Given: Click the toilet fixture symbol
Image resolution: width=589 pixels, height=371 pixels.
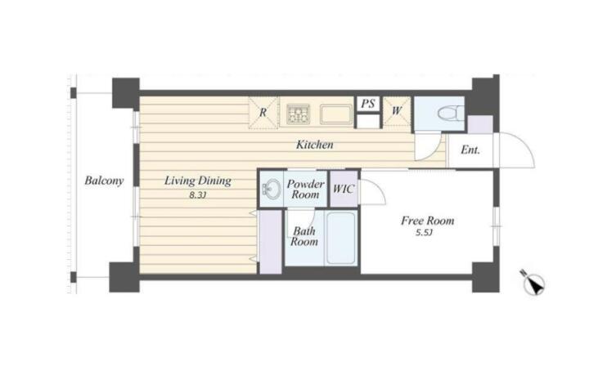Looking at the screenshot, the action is tap(451, 113).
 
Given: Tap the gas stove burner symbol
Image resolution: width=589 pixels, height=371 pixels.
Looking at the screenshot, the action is tap(299, 114).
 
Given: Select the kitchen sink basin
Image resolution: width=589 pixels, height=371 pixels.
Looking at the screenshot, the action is tap(336, 114).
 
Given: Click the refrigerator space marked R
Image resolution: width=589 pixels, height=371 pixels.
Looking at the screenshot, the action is tap(263, 112).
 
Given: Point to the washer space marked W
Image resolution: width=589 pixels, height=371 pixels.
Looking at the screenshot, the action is tap(397, 111).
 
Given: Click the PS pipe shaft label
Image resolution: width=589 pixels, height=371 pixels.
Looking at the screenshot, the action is tap(368, 104).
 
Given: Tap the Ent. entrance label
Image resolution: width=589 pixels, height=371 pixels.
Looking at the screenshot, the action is tap(470, 150).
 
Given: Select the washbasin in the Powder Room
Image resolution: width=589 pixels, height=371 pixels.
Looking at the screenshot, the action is tap(272, 188).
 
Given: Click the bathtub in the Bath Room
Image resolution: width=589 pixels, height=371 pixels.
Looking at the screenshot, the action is tap(340, 238).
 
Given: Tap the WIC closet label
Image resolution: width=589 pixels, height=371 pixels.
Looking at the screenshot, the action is tap(344, 189).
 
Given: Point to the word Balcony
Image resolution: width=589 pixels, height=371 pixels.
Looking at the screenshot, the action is tap(104, 181).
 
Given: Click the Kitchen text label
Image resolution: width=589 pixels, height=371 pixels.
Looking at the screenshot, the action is tap(314, 145).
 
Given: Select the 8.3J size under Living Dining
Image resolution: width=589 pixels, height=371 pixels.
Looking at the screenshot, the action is tap(198, 195).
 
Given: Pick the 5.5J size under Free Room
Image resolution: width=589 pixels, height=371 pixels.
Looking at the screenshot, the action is tap(424, 233).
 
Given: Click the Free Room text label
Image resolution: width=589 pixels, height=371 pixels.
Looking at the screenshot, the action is tap(428, 221).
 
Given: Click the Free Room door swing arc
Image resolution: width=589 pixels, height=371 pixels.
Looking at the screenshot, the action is tap(377, 190).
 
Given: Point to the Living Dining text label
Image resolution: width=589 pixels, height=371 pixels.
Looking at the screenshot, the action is tap(198, 181).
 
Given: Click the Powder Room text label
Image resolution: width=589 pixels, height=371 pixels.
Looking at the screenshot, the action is tap(305, 189).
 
